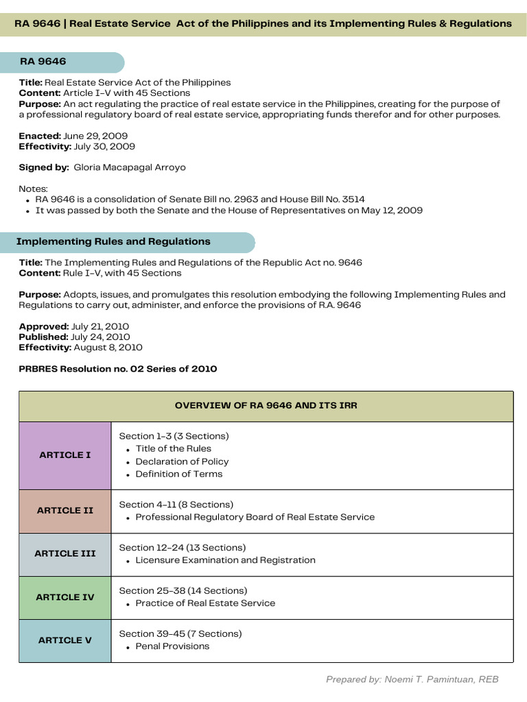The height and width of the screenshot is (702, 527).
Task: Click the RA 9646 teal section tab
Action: click(x=62, y=62)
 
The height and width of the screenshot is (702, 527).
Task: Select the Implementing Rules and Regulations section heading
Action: click(x=113, y=242)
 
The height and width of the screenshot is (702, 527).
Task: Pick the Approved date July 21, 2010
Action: click(x=100, y=326)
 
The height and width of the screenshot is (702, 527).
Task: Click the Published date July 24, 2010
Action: click(x=101, y=337)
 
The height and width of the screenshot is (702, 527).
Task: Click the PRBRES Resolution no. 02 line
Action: click(x=117, y=369)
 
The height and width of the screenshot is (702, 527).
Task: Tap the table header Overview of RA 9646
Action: click(x=266, y=406)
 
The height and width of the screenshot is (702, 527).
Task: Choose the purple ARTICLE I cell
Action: click(x=65, y=455)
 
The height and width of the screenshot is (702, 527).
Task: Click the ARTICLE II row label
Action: click(x=65, y=511)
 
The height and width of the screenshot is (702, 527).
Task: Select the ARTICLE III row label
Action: click(x=65, y=554)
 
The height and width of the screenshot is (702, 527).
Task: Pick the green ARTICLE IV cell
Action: click(x=65, y=597)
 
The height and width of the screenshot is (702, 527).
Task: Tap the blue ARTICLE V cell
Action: click(x=65, y=640)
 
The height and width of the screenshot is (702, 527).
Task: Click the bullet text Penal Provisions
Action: click(x=172, y=646)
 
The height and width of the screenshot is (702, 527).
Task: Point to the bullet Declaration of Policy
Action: click(x=182, y=461)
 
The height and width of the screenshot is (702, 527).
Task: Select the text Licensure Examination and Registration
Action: click(x=225, y=560)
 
